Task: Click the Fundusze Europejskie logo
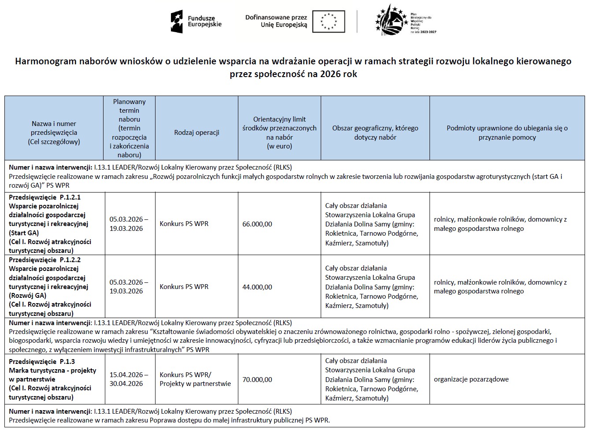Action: tap(196, 21)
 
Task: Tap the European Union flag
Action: tap(328, 21)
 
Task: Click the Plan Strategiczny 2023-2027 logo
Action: tap(405, 21)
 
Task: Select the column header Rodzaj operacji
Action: tap(196, 133)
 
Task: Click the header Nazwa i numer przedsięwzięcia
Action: tap(54, 133)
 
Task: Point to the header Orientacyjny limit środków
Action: tap(279, 133)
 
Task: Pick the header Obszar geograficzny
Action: tap(375, 133)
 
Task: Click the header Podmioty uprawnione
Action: tap(507, 133)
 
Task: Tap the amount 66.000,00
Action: tap(257, 224)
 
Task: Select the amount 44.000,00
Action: tap(257, 287)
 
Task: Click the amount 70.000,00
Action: tap(257, 379)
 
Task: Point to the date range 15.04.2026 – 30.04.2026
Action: tap(129, 379)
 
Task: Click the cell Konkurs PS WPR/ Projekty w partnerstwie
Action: tap(195, 379)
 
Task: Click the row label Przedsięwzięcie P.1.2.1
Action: tap(45, 197)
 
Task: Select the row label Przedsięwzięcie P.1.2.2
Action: tap(45, 260)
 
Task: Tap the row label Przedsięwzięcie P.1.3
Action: tap(42, 362)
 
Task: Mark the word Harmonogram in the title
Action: tap(44, 61)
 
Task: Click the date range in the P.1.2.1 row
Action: tap(129, 224)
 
